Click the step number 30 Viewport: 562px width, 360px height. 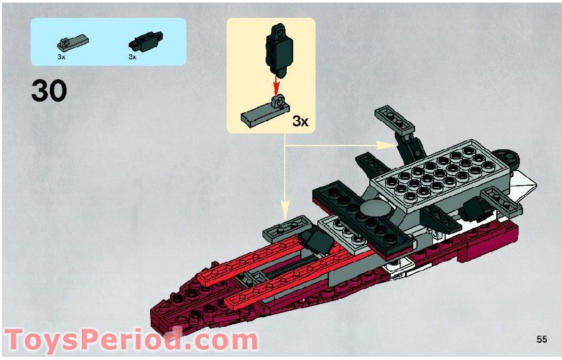pyautogui.click(x=49, y=91)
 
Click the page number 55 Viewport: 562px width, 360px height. pyautogui.click(x=542, y=340)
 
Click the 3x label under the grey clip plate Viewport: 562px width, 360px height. pyautogui.click(x=61, y=57)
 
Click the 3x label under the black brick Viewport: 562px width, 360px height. pyautogui.click(x=133, y=57)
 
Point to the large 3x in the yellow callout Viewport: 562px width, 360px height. pyautogui.click(x=300, y=121)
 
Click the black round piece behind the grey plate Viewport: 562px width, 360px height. pyautogui.click(x=508, y=154)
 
